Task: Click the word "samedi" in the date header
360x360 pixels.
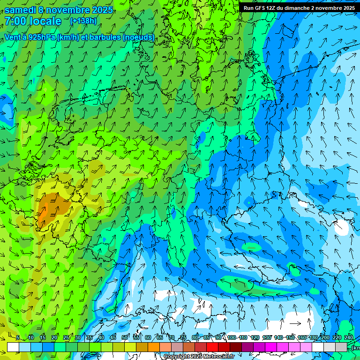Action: click(x=22, y=10)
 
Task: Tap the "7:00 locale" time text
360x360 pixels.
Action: click(x=33, y=21)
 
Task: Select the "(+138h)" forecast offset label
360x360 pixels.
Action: click(x=83, y=21)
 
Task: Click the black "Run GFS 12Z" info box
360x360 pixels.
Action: click(x=299, y=7)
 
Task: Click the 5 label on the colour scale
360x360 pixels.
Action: click(x=18, y=337)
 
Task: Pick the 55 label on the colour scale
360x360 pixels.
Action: click(x=136, y=337)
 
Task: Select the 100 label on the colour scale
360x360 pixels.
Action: click(x=232, y=337)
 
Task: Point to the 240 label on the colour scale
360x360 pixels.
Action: click(x=348, y=337)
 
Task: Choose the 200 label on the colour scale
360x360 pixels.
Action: click(x=325, y=337)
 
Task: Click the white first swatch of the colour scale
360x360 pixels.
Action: click(x=13, y=347)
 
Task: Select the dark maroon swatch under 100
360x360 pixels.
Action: click(x=236, y=347)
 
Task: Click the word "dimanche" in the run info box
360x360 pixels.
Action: click(x=310, y=7)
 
